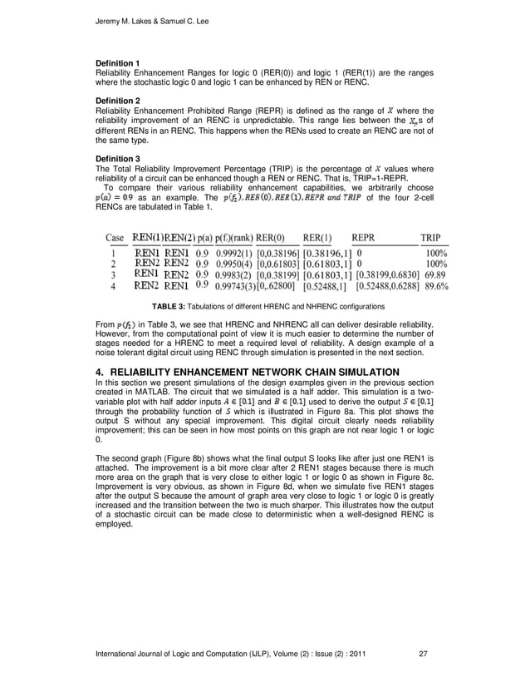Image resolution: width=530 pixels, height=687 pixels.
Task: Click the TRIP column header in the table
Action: click(431, 237)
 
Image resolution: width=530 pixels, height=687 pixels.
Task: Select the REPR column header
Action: click(370, 237)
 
